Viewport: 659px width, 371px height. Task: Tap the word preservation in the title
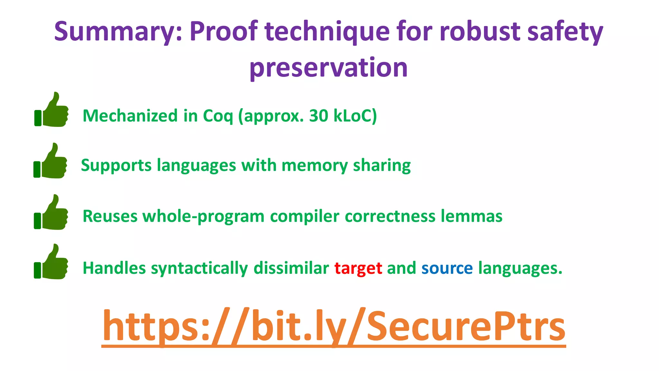coord(329,68)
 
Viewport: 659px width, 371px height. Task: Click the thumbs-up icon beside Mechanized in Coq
coord(51,110)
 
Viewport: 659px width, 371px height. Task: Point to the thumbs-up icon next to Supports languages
coord(51,161)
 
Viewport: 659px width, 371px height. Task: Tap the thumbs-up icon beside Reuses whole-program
coord(51,213)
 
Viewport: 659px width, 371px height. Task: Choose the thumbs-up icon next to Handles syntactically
coord(51,262)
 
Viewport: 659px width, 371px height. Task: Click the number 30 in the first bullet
coord(319,116)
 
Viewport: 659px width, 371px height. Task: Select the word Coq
coord(218,116)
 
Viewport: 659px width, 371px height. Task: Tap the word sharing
coord(382,166)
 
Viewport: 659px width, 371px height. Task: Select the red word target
coord(358,268)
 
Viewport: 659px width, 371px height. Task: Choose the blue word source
coord(447,268)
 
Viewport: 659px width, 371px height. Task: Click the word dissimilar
coord(291,268)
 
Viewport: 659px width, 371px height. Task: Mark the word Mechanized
coord(130,116)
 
